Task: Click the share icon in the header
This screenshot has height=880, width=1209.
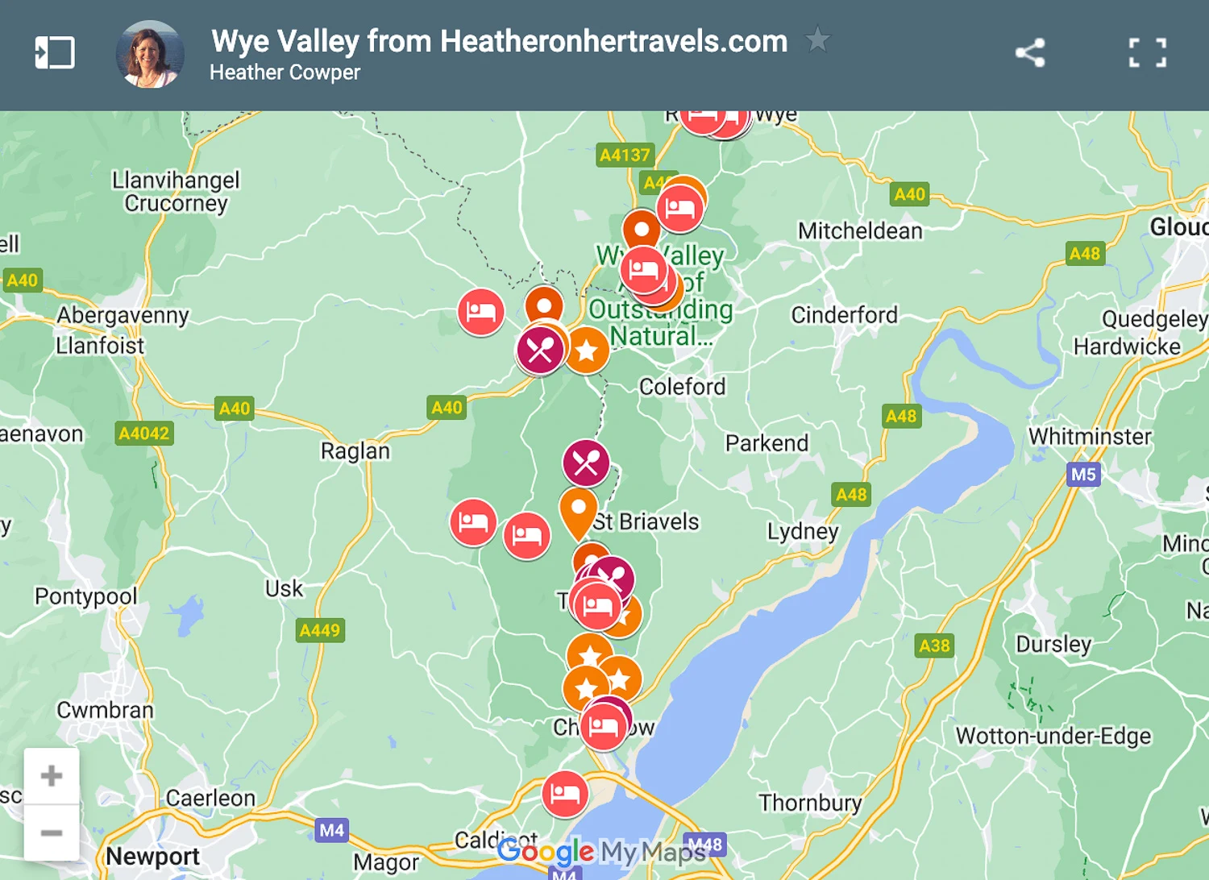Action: click(1030, 53)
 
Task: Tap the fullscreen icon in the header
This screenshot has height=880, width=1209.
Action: click(1147, 53)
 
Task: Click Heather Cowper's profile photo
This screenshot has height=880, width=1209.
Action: click(150, 54)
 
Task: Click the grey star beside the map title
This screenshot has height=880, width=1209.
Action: click(817, 39)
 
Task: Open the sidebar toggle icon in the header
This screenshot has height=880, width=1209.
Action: click(55, 53)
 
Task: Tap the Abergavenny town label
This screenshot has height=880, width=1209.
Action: click(123, 315)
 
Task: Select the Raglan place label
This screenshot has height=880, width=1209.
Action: click(355, 450)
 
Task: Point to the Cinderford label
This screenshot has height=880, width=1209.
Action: click(844, 315)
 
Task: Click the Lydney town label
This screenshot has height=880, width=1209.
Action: click(802, 531)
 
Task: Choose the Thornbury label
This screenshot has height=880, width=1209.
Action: click(810, 803)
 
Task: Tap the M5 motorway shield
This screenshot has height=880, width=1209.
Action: click(1082, 474)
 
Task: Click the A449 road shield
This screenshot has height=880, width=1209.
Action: click(320, 630)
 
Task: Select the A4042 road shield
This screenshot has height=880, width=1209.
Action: click(144, 434)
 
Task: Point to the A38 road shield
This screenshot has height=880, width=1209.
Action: click(934, 645)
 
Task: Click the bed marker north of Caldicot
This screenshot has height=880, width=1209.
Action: click(564, 794)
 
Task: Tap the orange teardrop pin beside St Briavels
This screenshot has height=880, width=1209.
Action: click(578, 510)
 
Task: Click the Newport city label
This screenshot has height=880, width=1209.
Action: click(152, 856)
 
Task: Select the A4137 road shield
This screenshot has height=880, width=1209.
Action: click(625, 155)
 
